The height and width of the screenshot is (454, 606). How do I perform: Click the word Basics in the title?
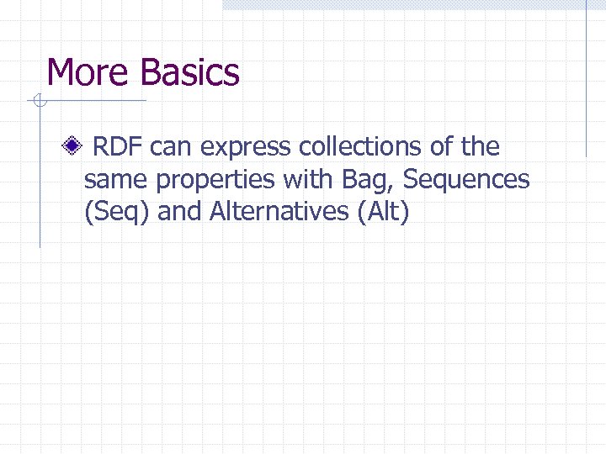click(x=190, y=72)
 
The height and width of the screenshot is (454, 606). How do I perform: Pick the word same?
click(x=117, y=180)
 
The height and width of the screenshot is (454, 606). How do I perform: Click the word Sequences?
click(x=467, y=180)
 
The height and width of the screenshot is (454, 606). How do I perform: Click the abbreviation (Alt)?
click(x=383, y=212)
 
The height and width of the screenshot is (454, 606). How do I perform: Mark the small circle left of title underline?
click(x=38, y=102)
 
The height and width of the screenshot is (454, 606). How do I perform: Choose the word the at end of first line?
click(x=480, y=148)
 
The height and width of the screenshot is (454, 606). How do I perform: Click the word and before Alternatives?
click(x=180, y=212)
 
